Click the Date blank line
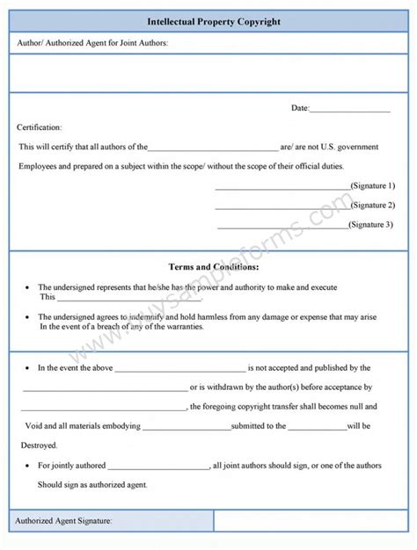point(350,110)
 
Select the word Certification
point(40,127)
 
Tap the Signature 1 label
point(372,186)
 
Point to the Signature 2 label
point(372,206)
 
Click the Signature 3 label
point(372,225)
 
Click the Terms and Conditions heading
point(213,266)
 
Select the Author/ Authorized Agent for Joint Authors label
point(92,42)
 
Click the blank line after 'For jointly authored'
point(159,467)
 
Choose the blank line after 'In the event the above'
point(179,370)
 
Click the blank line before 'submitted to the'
point(186,428)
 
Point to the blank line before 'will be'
point(318,428)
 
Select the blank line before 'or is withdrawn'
point(105,389)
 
